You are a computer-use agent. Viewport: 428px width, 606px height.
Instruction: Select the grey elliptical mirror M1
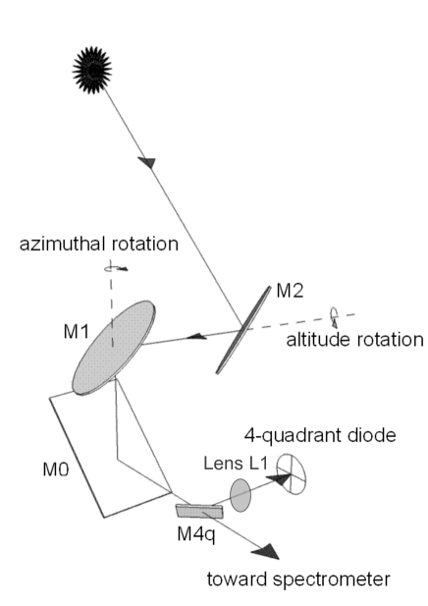point(114,346)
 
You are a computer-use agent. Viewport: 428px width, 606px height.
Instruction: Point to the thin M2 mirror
point(244,328)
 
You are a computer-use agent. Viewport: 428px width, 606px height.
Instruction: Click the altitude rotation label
point(354,341)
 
